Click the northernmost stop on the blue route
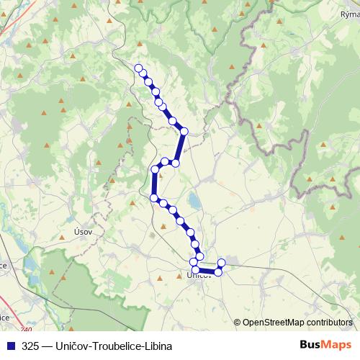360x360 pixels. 139,68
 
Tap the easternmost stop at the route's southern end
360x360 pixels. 221,262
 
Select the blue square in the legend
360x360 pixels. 9,346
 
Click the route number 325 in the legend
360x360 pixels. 30,346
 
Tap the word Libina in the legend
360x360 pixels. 158,346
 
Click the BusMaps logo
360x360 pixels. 325,345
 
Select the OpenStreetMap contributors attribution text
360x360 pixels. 297,323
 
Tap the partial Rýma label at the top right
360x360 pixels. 349,14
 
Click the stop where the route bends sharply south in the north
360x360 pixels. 184,131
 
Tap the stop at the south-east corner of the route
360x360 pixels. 217,271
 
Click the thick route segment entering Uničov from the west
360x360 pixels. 206,270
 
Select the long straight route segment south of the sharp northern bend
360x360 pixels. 180,147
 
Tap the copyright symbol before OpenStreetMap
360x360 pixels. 237,323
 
